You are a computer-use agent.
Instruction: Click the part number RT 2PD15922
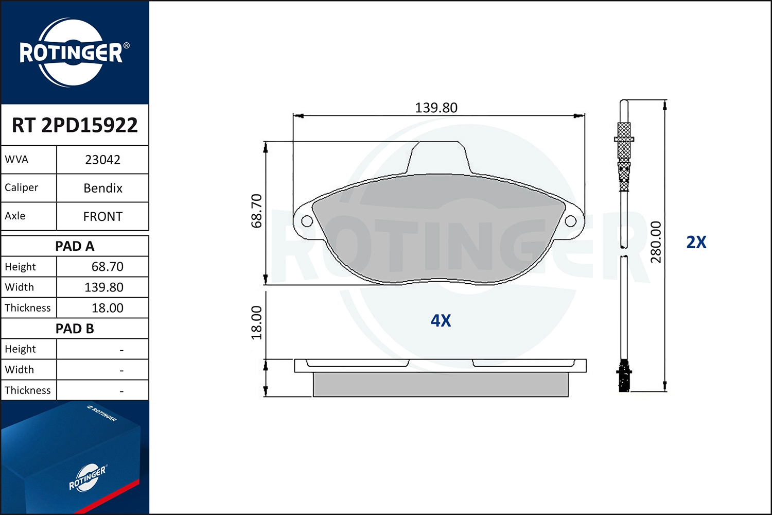[75, 125]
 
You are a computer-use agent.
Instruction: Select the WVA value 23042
[102, 160]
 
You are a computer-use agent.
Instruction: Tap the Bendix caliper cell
[102, 188]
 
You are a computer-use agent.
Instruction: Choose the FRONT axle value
[102, 216]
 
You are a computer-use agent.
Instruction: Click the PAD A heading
[75, 246]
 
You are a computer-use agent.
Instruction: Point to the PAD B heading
[75, 329]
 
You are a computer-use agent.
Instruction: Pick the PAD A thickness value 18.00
[107, 308]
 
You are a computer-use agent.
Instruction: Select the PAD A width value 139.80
[103, 287]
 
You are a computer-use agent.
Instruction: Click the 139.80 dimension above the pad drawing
[436, 108]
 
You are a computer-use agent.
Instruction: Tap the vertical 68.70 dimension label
[256, 211]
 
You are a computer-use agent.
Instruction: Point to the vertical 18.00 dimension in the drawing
[256, 322]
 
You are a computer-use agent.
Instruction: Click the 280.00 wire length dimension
[656, 242]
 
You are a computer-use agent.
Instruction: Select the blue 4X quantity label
[441, 321]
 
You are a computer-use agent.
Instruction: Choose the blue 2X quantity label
[696, 242]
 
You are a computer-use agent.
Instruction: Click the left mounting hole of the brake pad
[307, 221]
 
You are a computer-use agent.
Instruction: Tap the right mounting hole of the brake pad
[570, 221]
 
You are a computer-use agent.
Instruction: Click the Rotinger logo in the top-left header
[72, 53]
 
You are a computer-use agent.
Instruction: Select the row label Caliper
[22, 187]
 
